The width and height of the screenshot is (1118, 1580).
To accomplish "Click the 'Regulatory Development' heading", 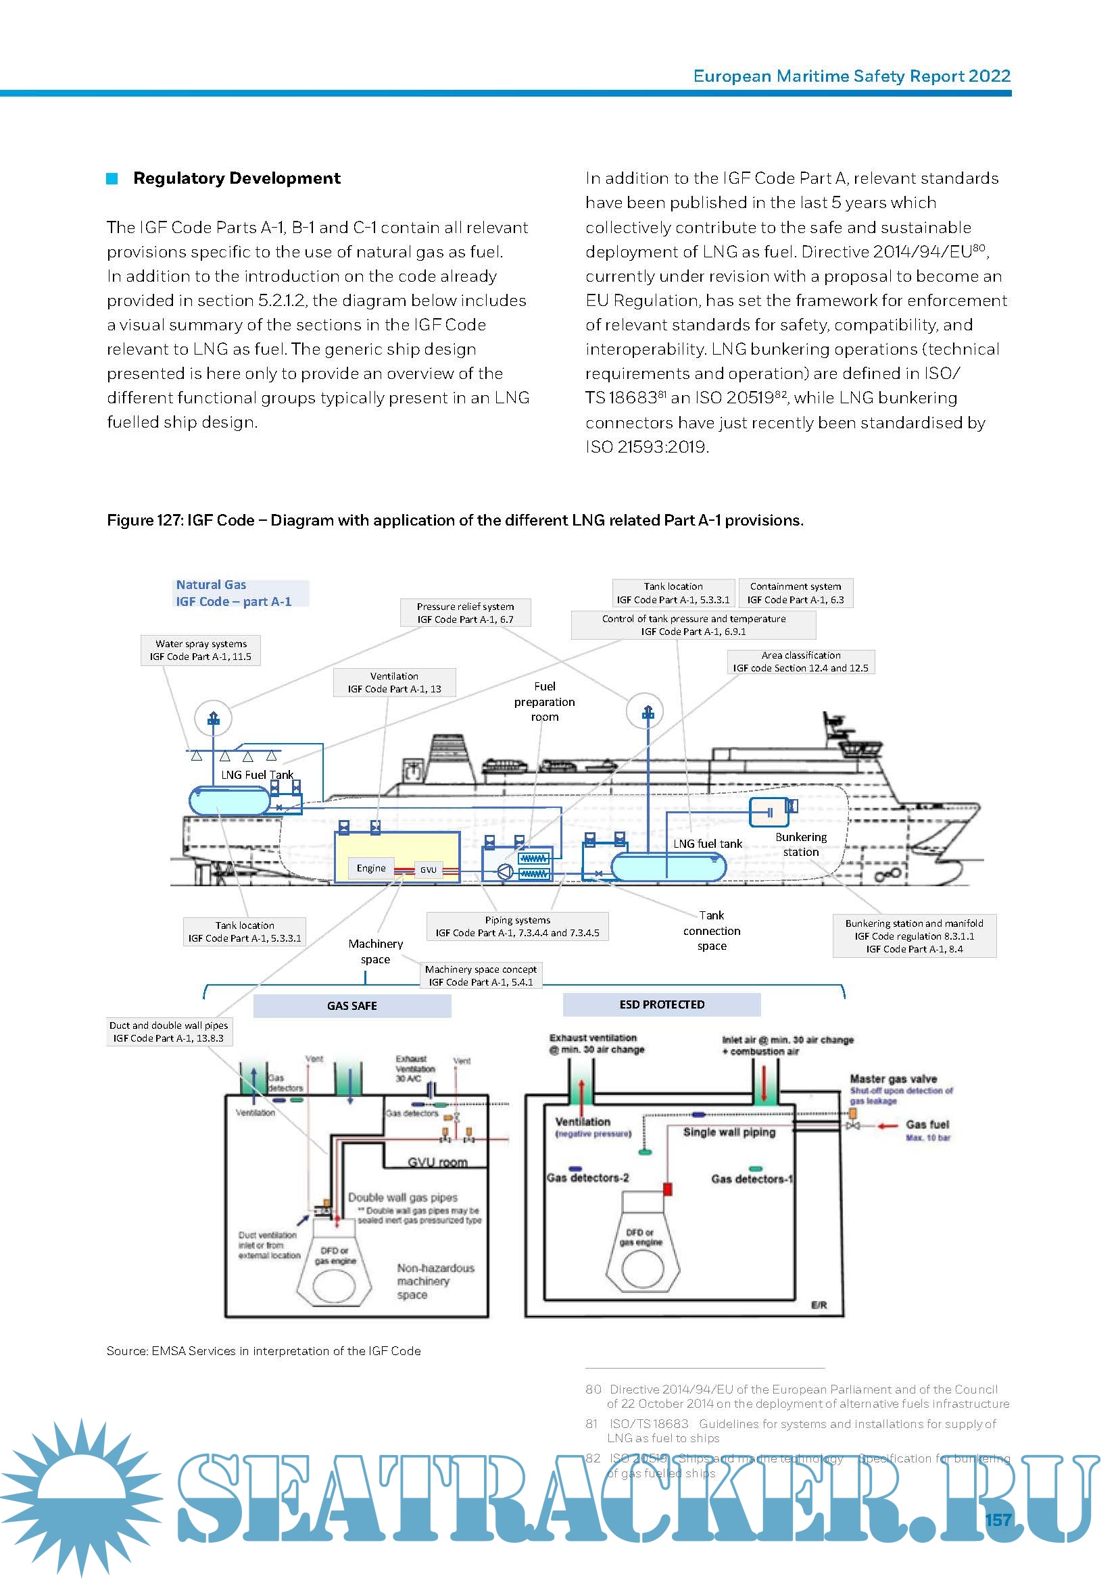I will (236, 178).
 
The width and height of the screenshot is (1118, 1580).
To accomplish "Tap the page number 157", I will (998, 1519).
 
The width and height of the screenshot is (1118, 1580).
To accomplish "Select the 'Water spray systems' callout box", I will (200, 651).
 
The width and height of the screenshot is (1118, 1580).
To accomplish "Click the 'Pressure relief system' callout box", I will (465, 613).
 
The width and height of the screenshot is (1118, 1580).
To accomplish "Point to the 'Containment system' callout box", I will (795, 592).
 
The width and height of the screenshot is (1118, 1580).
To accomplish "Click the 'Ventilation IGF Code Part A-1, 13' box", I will (394, 682).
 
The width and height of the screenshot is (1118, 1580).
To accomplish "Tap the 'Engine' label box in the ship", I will (371, 868).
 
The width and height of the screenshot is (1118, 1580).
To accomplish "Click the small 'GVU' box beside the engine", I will (428, 870).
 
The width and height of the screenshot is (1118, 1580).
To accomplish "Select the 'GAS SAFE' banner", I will (351, 1005).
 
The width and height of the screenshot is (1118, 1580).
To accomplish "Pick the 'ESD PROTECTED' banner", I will (662, 1004).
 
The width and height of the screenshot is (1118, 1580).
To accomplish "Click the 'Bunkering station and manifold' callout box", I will (915, 936).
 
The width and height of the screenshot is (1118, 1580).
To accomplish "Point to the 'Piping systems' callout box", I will (517, 926).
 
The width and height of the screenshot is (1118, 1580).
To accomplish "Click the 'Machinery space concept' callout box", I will (481, 975).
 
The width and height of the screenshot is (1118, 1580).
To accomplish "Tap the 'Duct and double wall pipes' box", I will (169, 1031).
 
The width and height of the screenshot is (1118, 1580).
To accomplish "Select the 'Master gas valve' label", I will (893, 1078).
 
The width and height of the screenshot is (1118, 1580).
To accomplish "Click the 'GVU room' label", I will (437, 1163).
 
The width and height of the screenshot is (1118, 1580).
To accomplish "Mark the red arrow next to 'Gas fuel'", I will (888, 1126).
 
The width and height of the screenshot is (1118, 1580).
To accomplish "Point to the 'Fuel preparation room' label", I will (544, 701).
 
